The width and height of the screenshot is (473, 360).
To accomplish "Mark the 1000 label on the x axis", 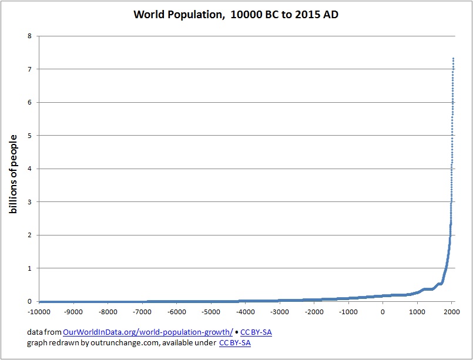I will click(x=417, y=312).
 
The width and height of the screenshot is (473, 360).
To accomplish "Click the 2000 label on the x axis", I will click(x=452, y=312).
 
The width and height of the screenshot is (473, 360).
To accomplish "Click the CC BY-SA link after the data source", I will click(x=256, y=332).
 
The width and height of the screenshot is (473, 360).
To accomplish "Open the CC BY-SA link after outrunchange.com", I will click(x=234, y=343).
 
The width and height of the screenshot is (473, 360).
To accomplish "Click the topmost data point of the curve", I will click(x=454, y=58).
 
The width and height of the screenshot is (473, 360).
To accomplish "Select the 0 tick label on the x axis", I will click(x=383, y=312).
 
